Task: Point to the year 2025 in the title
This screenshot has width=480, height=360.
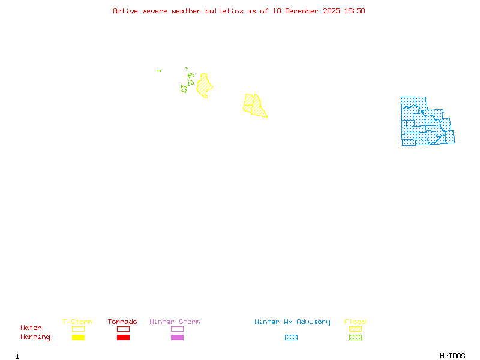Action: click(332, 11)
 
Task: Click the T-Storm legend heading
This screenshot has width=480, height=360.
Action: click(77, 322)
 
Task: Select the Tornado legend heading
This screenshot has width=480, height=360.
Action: click(122, 322)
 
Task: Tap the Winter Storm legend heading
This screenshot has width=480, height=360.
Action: click(175, 322)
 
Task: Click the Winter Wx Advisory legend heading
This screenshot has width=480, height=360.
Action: click(292, 322)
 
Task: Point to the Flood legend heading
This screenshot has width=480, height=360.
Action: click(355, 322)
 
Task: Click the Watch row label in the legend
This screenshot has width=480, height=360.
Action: click(31, 328)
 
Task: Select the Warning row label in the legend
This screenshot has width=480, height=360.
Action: click(35, 337)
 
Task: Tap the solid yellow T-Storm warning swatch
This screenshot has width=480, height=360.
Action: click(78, 338)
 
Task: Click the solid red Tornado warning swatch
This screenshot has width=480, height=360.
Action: click(123, 338)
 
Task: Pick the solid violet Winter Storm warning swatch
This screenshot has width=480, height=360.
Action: click(177, 338)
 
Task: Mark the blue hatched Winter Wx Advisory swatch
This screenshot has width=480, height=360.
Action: click(291, 338)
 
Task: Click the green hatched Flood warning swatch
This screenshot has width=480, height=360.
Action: click(355, 338)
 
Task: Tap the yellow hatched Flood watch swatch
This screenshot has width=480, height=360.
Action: click(355, 329)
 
